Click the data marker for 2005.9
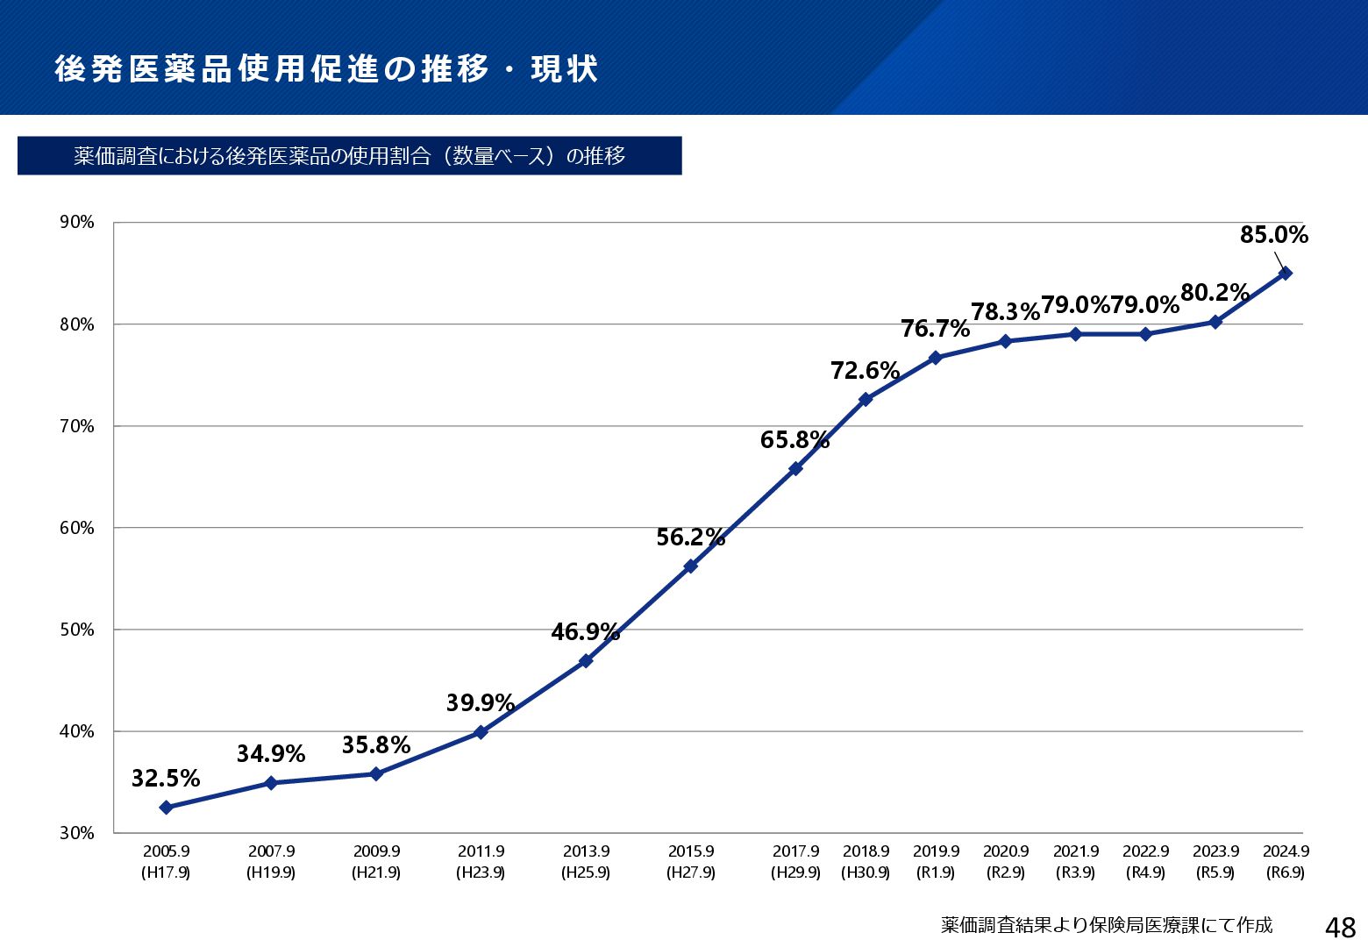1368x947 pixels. tap(166, 808)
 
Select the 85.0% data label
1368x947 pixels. tap(1273, 235)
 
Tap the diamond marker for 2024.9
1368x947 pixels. tap(1286, 274)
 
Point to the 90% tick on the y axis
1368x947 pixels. tap(77, 223)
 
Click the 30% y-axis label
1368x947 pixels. tap(77, 833)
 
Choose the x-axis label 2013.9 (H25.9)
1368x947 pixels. tap(586, 861)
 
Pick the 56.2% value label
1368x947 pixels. tap(690, 538)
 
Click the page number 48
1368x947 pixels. tap(1341, 927)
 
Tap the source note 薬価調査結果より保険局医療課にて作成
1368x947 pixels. tap(1107, 926)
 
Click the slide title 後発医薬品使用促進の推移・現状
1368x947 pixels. tap(326, 69)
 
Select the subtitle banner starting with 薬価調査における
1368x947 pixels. tap(349, 156)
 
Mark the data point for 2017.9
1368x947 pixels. tap(795, 469)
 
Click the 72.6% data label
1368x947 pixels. tap(865, 371)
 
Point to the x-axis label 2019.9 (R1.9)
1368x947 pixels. tap(936, 861)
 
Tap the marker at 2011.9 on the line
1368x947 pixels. tap(481, 732)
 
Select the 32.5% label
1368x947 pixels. tap(166, 779)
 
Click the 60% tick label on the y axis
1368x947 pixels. tap(77, 528)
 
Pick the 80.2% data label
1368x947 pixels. tap(1215, 293)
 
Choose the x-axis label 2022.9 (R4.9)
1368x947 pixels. tap(1145, 861)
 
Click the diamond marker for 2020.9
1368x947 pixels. tap(1006, 341)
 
